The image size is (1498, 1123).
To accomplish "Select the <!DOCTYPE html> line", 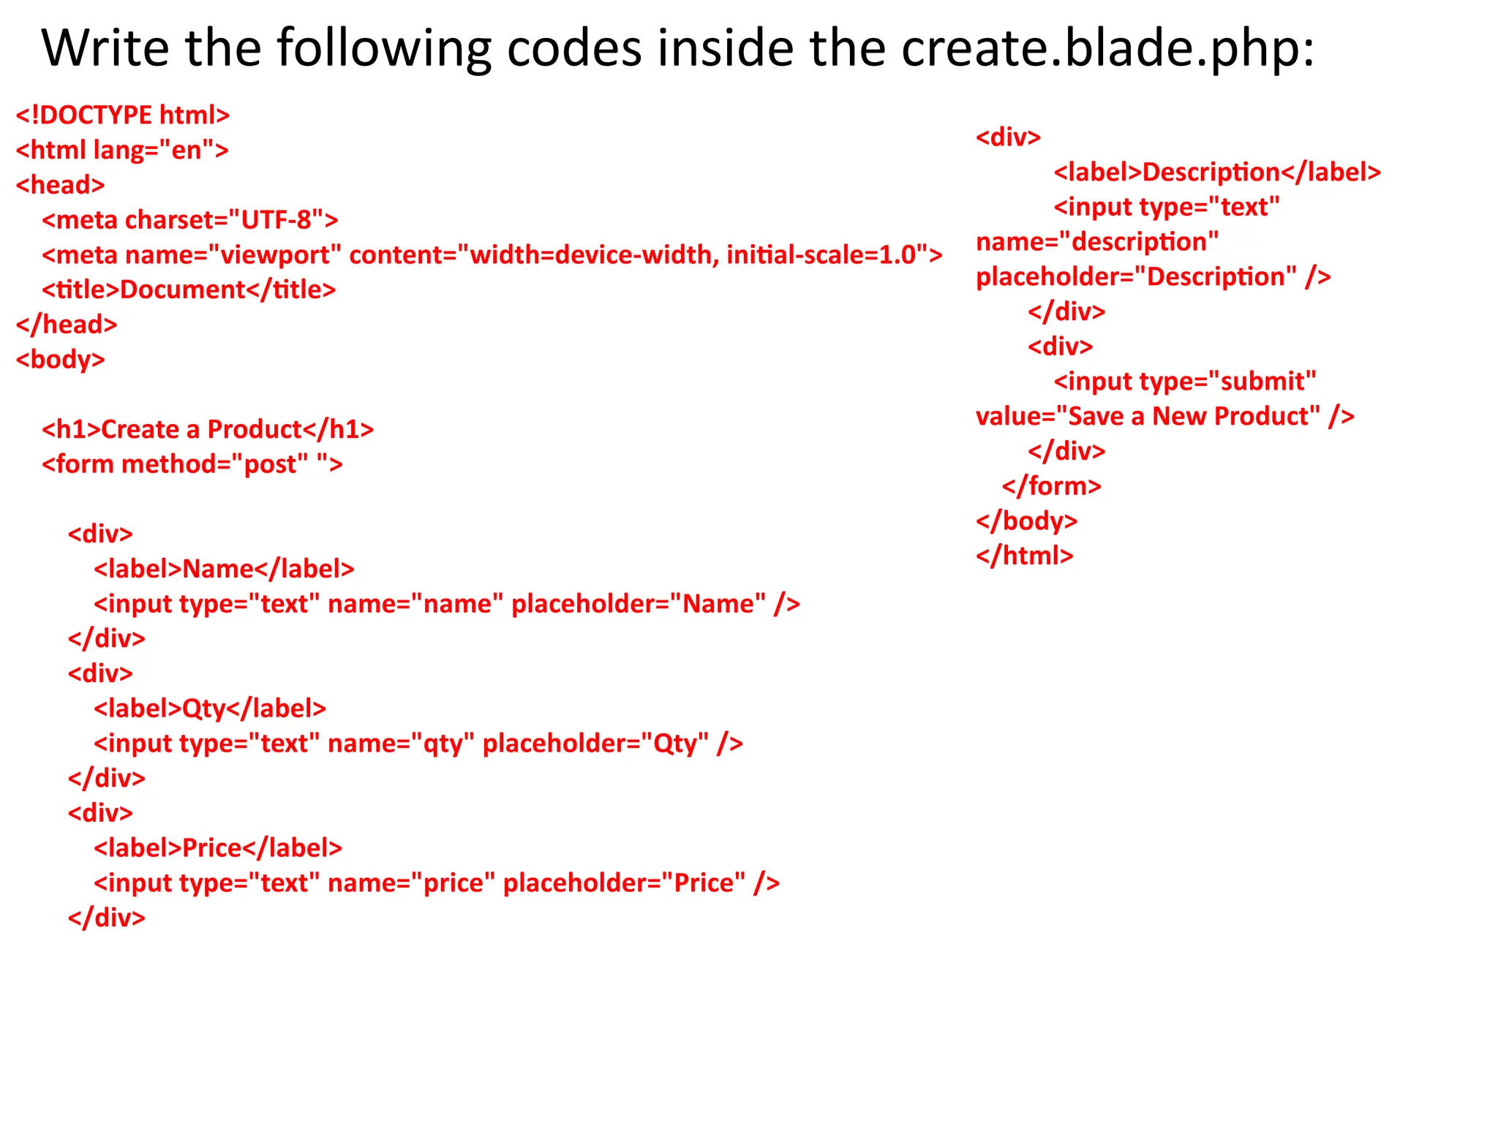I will click(x=123, y=116).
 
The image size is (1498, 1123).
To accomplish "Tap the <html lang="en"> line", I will click(x=122, y=151).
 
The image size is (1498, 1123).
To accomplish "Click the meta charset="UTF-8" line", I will click(x=190, y=220).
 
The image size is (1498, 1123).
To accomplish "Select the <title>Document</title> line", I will click(x=189, y=290).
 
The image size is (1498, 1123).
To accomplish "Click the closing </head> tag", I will click(x=67, y=325).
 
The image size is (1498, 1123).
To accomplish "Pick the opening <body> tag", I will click(x=61, y=360).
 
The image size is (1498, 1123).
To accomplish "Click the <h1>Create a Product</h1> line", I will click(x=208, y=429).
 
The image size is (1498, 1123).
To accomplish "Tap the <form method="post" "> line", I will click(x=192, y=464).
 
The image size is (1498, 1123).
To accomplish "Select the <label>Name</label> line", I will click(x=224, y=569).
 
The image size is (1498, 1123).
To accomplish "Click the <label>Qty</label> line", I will click(x=210, y=708).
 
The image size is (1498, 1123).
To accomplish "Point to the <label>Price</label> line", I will click(x=218, y=848).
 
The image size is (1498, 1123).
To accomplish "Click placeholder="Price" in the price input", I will click(x=641, y=883).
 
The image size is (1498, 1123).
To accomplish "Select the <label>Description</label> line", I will click(x=1217, y=173).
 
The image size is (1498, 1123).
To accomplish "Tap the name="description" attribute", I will click(x=1097, y=242).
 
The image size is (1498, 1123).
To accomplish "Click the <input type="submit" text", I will click(x=1185, y=382).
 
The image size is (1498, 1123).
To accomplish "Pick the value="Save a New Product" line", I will click(x=1164, y=417).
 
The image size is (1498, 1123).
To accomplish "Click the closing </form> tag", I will click(x=1051, y=486).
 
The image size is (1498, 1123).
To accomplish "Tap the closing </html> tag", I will click(x=1024, y=556).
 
